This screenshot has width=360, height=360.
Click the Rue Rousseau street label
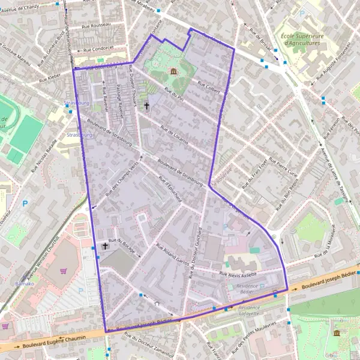click(x=97, y=25)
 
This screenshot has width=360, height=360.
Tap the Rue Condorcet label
click(x=100, y=49)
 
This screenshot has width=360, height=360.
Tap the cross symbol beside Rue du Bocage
click(x=106, y=246)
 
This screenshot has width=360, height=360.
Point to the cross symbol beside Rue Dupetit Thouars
click(x=146, y=106)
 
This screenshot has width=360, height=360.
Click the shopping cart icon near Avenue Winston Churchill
click(x=63, y=271)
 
